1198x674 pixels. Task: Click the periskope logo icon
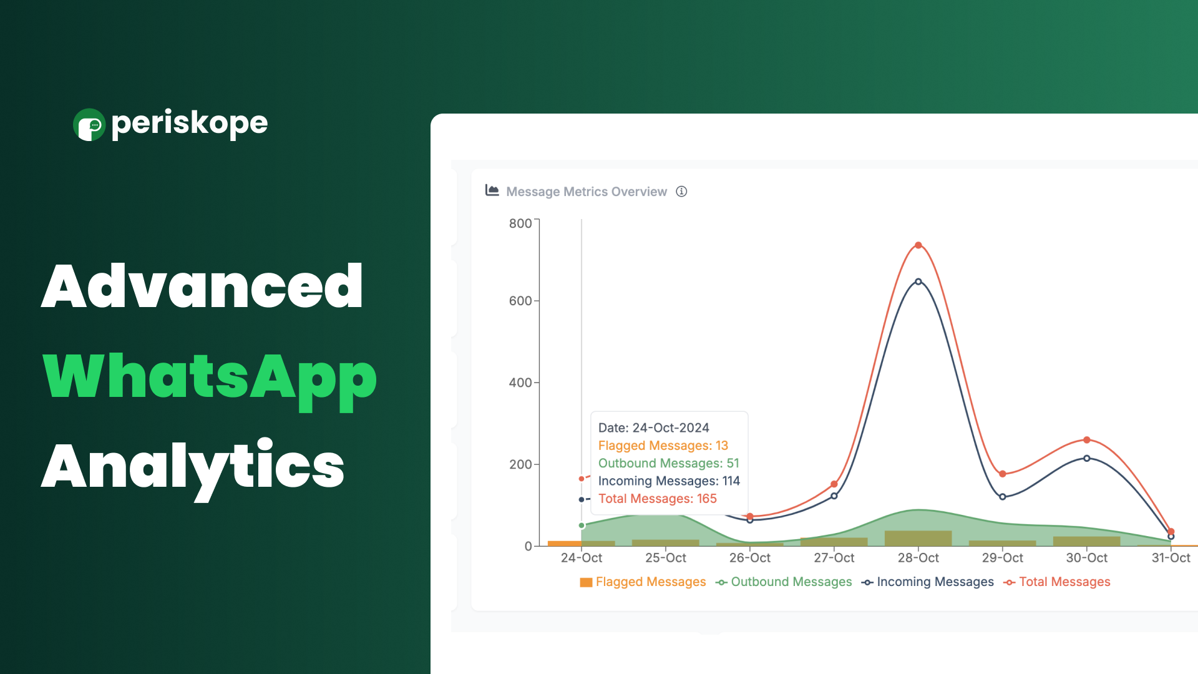pos(89,125)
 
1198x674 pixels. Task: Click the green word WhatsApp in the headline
pos(210,379)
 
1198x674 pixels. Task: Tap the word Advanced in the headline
pos(202,286)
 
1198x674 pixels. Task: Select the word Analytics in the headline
pos(193,468)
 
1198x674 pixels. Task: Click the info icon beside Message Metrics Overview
pos(681,192)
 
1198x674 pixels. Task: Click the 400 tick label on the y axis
pos(520,383)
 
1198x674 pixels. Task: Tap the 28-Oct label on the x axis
pos(918,558)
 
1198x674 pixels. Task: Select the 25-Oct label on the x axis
pos(666,558)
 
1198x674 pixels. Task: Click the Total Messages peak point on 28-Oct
pos(918,245)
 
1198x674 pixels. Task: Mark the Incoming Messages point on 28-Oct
pos(918,281)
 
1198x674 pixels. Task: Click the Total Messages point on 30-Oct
pos(1086,440)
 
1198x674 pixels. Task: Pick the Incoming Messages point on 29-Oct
pos(1002,497)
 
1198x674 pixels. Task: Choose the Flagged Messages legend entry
pos(643,582)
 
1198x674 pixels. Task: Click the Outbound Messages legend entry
pos(784,582)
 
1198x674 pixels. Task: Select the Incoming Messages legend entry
pos(928,582)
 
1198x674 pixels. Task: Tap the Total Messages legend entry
pos(1057,582)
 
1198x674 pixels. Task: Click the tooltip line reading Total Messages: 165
pos(658,499)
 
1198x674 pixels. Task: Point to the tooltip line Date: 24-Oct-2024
pos(654,427)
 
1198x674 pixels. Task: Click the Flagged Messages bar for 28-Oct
pos(918,539)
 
